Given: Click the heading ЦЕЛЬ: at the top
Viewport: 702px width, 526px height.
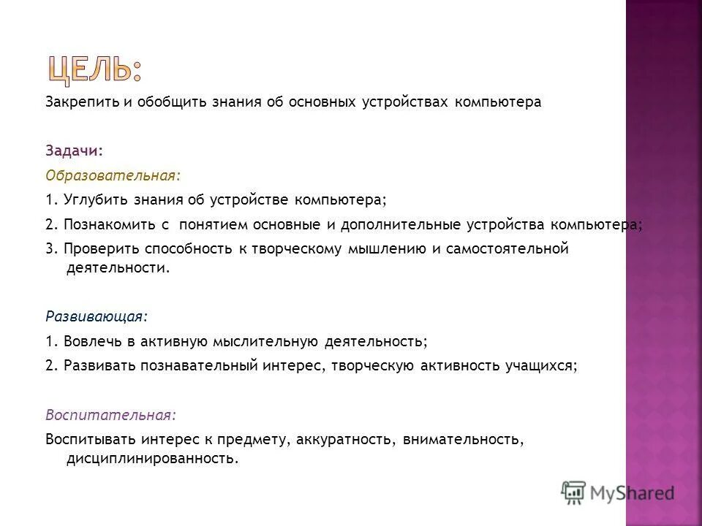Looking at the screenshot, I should (96, 69).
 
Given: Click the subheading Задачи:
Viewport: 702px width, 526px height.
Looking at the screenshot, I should (74, 150).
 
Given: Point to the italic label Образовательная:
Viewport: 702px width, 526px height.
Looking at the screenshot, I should (112, 176).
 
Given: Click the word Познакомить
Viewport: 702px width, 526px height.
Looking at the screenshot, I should (105, 224).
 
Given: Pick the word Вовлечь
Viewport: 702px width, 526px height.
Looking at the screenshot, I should (87, 341).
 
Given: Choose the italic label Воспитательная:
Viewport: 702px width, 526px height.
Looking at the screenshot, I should (110, 414).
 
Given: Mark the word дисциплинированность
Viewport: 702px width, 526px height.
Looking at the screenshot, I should (152, 460).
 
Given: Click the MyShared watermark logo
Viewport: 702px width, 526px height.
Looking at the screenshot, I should (618, 492).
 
